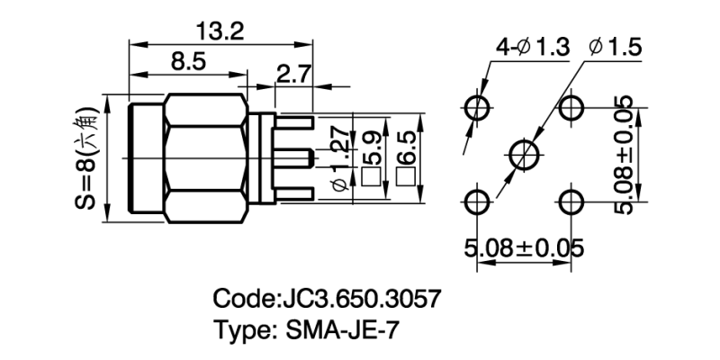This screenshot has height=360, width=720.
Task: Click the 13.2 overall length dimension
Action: click(220, 31)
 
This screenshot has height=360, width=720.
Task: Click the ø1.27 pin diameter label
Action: click(340, 160)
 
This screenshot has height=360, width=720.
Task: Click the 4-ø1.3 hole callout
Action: click(531, 47)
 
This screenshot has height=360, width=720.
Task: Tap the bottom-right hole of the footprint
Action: click(571, 200)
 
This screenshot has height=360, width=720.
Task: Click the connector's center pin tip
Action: click(312, 159)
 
